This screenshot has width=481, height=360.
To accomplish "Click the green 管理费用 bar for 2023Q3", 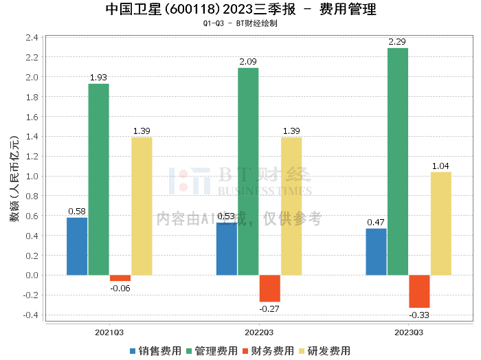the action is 398,161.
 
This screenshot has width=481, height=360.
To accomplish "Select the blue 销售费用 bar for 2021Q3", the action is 77,246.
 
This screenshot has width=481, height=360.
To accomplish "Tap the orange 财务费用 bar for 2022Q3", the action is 270,289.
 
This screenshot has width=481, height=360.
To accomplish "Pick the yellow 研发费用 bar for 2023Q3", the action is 441,223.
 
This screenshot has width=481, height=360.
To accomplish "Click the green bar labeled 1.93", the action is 99,179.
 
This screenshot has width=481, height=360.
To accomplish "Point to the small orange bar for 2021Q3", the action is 120,278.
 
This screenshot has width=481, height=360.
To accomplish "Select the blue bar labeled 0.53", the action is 227,249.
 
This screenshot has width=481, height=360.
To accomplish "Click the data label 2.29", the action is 397,42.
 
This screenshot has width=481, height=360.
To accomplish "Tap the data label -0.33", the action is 419,315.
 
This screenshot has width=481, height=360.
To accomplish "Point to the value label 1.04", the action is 440,166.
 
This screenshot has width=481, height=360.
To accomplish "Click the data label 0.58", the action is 77,212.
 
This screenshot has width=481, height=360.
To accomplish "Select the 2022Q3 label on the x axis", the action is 259,333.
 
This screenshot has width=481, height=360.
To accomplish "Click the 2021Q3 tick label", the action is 109,333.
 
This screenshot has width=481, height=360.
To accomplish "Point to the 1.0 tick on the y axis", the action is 32,177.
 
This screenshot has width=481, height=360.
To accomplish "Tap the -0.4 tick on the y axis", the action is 31,315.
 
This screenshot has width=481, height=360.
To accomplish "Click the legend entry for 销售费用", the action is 155,351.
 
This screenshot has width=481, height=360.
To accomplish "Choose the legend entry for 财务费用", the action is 268,351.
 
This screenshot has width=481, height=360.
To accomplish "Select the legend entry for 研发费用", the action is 324,351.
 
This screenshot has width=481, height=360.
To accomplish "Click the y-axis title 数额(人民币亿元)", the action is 14,179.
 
